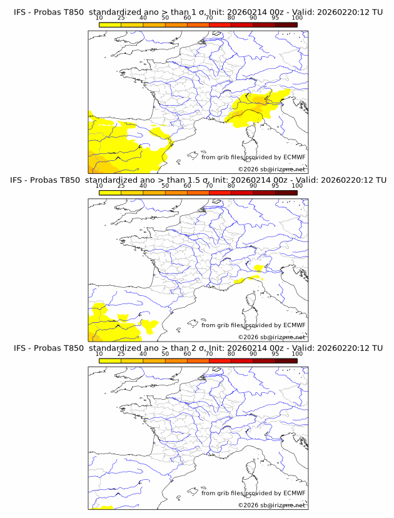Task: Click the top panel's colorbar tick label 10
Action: pyautogui.click(x=99, y=18)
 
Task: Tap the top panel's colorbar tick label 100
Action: pyautogui.click(x=296, y=18)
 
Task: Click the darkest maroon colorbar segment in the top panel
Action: pyautogui.click(x=286, y=24)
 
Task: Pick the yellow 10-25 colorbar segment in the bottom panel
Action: pyautogui.click(x=110, y=361)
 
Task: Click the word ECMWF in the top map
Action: pyautogui.click(x=295, y=157)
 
